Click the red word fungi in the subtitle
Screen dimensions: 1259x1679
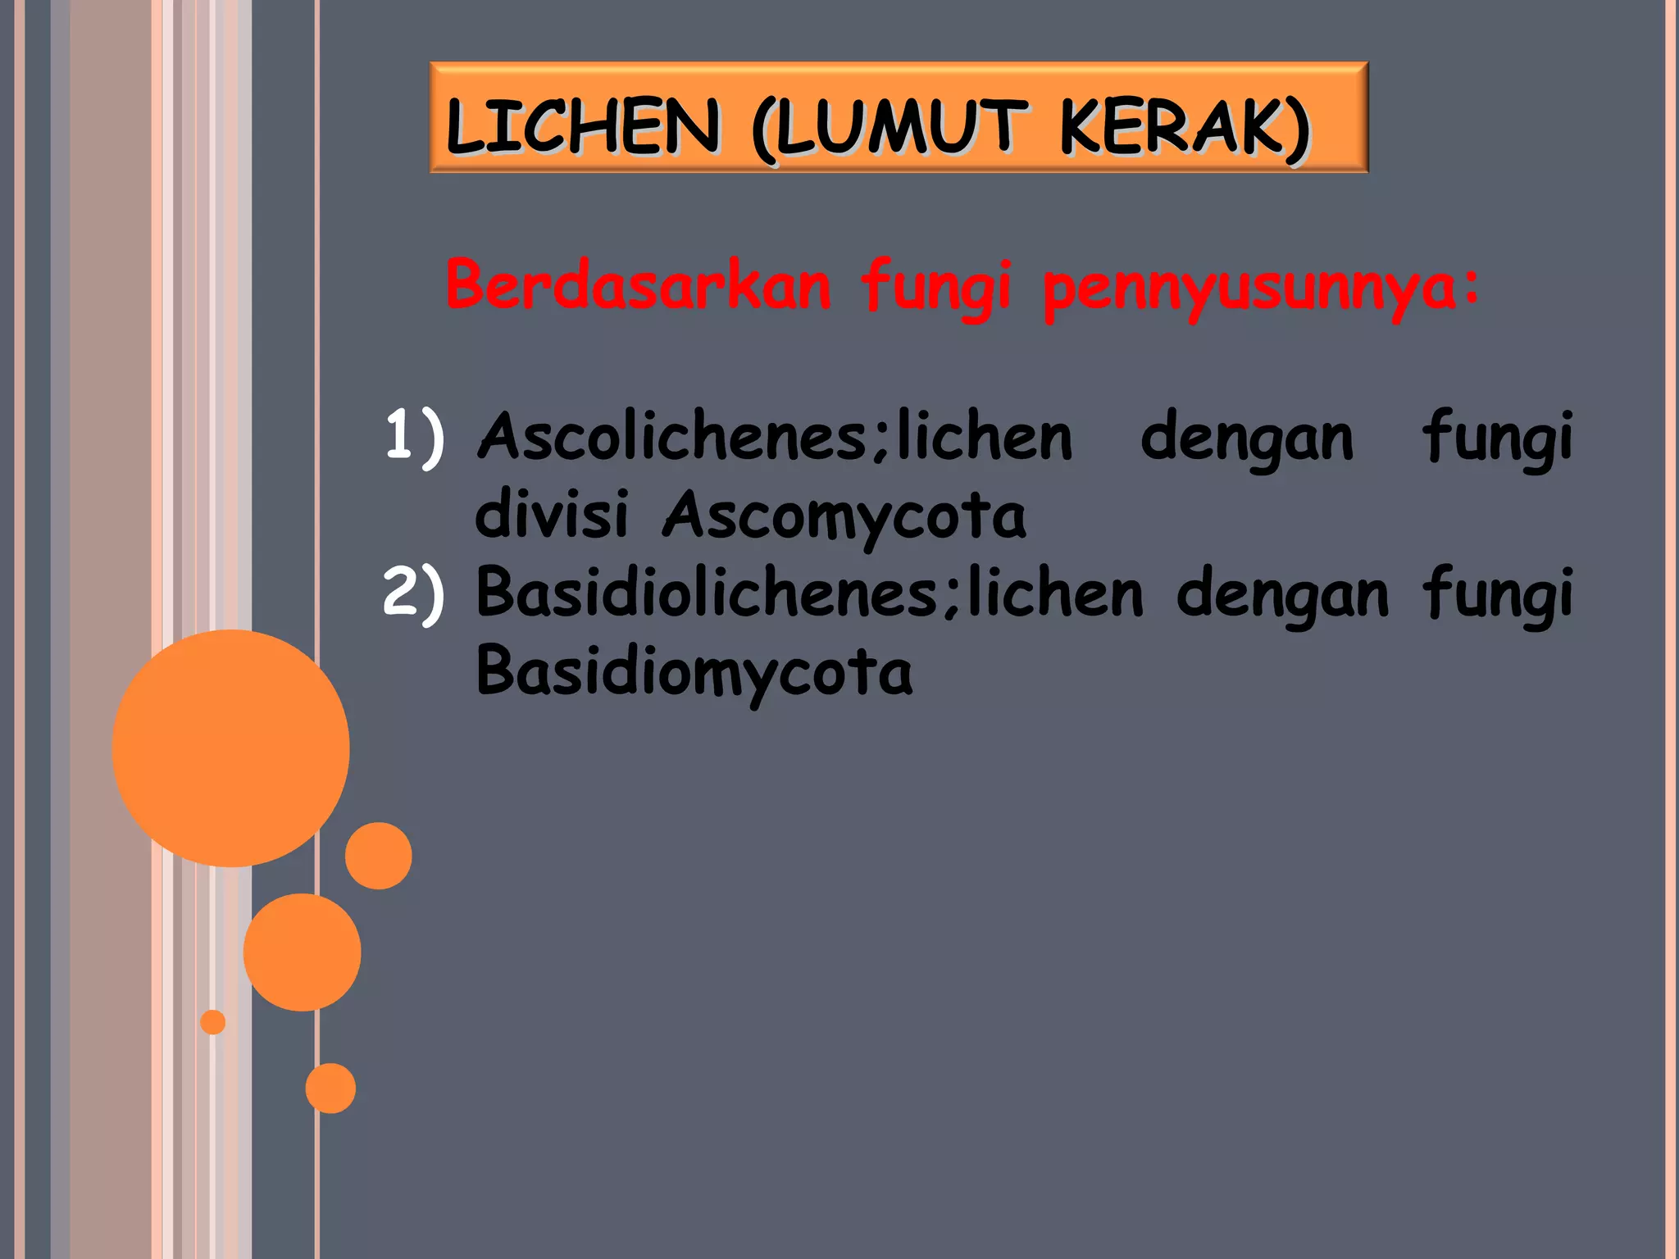tap(935, 287)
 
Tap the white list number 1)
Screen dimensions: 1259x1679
tap(415, 436)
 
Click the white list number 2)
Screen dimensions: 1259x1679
tap(415, 592)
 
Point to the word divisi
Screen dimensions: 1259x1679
tap(552, 515)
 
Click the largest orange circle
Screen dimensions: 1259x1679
tap(231, 748)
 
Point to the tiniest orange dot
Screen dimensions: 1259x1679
tap(212, 1022)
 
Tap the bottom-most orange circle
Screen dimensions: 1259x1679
tap(330, 1088)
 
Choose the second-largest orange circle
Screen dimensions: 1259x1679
tap(302, 952)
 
